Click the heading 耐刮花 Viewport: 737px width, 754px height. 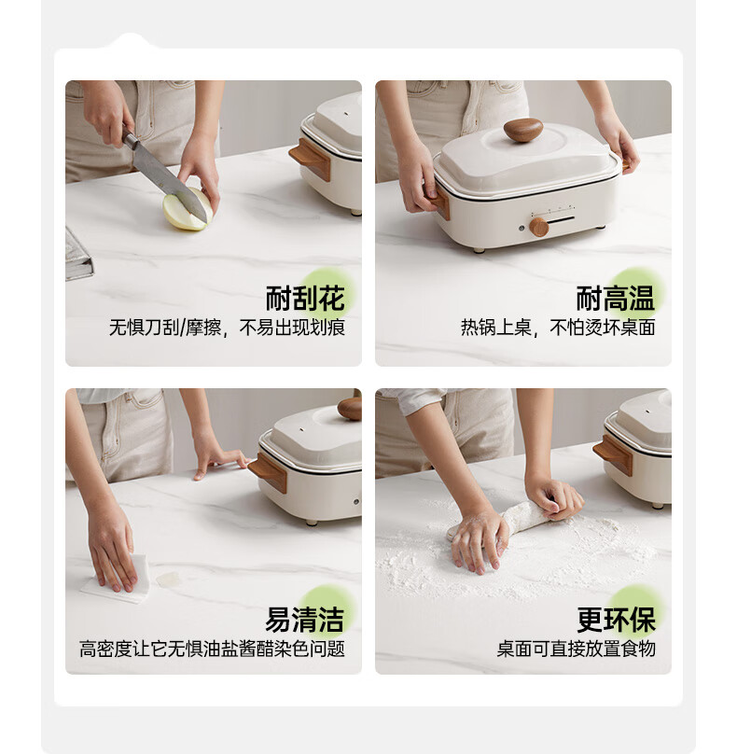305,298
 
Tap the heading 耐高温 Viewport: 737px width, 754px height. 616,298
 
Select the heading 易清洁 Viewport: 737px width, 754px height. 305,620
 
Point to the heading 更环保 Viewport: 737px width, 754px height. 616,620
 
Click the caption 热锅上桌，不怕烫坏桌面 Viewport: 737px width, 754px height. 558,328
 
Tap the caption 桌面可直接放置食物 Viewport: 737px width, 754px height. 576,649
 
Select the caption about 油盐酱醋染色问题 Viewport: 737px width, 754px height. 212,649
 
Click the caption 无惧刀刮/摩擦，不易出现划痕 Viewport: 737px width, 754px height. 227,328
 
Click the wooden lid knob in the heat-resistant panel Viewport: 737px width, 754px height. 523,130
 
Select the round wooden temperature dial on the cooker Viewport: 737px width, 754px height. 538,227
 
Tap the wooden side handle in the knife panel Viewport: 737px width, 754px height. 310,159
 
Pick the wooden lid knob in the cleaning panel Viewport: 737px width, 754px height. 350,408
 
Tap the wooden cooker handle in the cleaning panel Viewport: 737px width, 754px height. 268,473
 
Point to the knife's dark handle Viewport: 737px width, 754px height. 130,138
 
